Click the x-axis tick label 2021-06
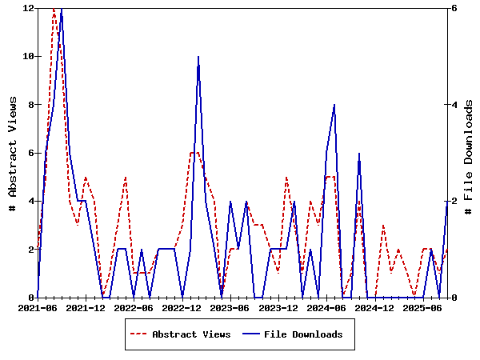[x=38, y=307]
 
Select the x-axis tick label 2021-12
[x=86, y=307]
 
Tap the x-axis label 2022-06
[x=134, y=307]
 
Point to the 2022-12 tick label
[x=182, y=307]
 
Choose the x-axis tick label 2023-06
[x=230, y=307]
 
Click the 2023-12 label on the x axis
[x=278, y=307]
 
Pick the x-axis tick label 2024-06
[x=326, y=307]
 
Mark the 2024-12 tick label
[x=374, y=307]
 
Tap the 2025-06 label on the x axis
[x=422, y=307]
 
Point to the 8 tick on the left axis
[x=30, y=104]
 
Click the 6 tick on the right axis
[x=453, y=8]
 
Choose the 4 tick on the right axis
[x=453, y=104]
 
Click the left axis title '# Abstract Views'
[x=13, y=153]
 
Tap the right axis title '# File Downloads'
[x=469, y=153]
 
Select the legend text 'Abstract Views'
[x=191, y=334]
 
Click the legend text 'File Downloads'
[x=303, y=334]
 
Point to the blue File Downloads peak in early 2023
[x=198, y=57]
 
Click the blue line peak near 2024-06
[x=334, y=105]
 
